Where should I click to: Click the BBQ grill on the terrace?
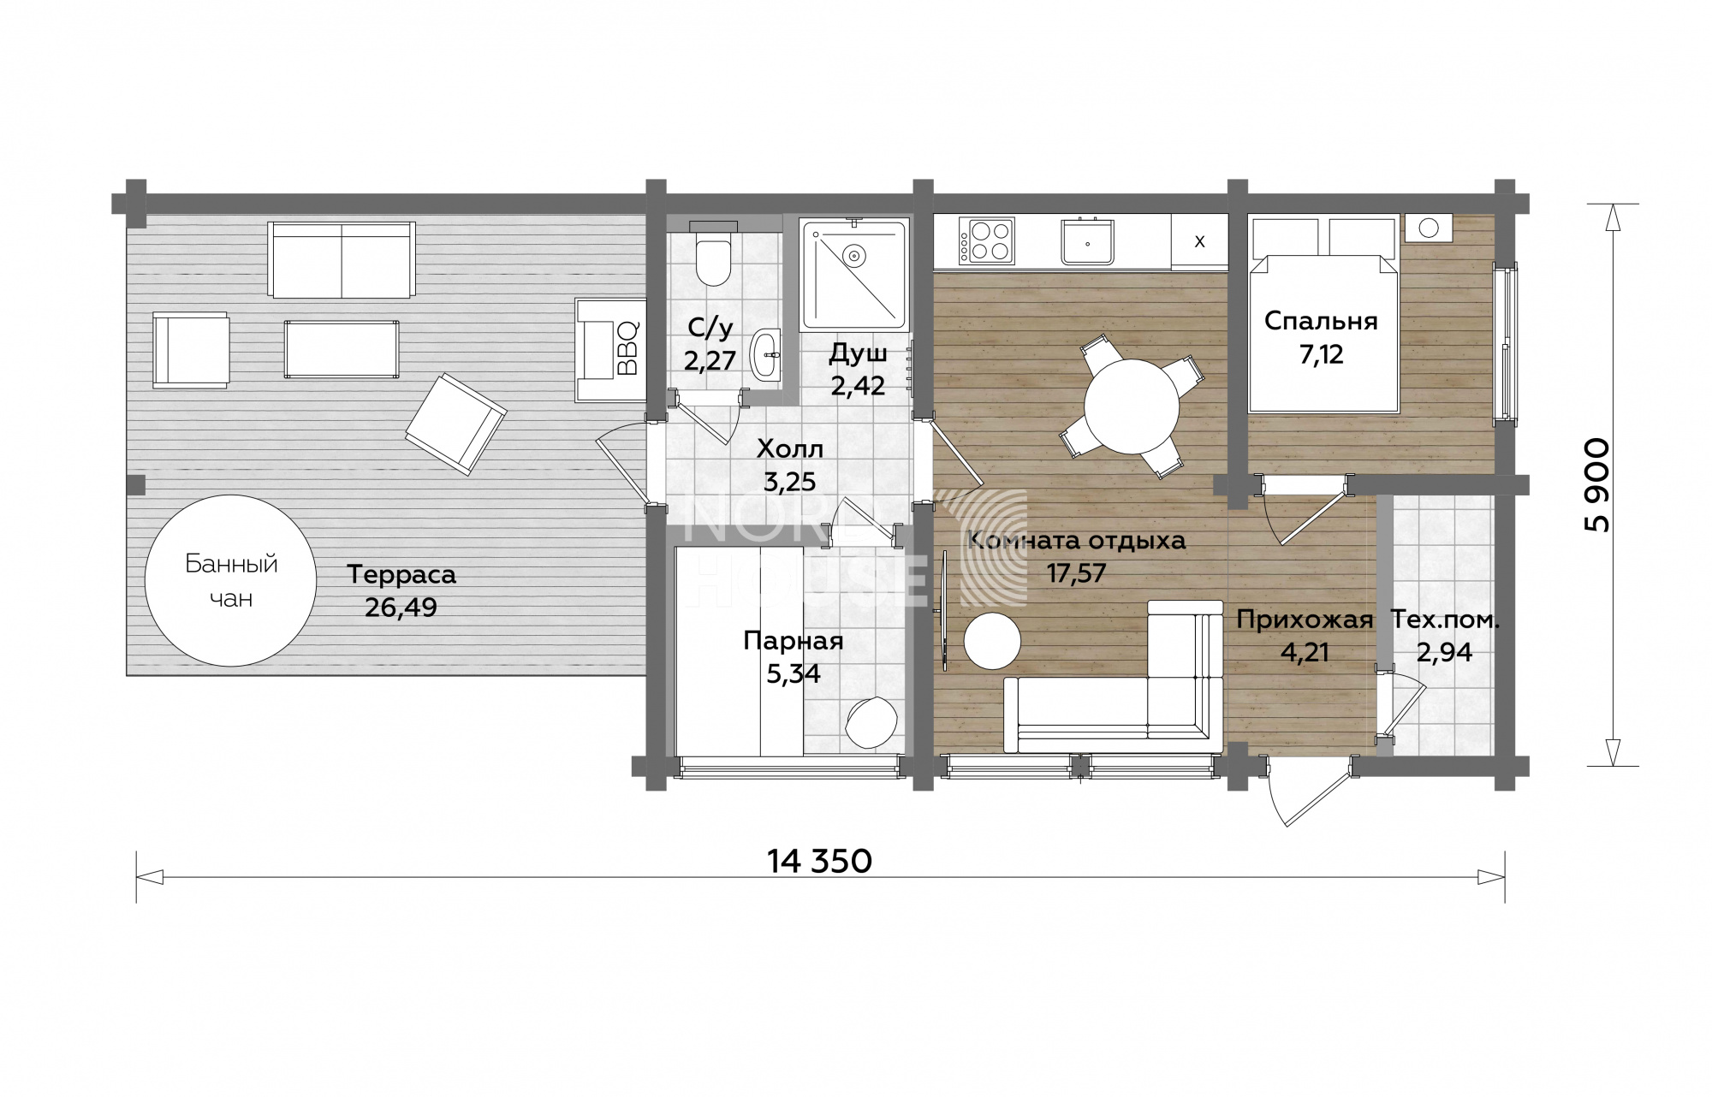[x=609, y=349]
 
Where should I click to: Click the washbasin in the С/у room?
[x=767, y=354]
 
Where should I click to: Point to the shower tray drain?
[x=853, y=255]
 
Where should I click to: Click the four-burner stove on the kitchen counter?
[x=987, y=240]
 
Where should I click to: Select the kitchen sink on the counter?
[x=1087, y=240]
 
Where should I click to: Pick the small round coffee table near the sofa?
[x=992, y=640]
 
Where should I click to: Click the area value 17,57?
[x=1077, y=572]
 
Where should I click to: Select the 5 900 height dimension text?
[x=1597, y=485]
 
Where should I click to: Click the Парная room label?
[x=794, y=641]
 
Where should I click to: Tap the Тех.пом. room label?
[x=1445, y=620]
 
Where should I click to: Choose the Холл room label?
[x=790, y=448]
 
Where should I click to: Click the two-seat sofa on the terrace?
[x=342, y=259]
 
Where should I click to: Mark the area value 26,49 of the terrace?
[x=401, y=608]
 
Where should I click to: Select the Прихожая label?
[x=1305, y=620]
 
